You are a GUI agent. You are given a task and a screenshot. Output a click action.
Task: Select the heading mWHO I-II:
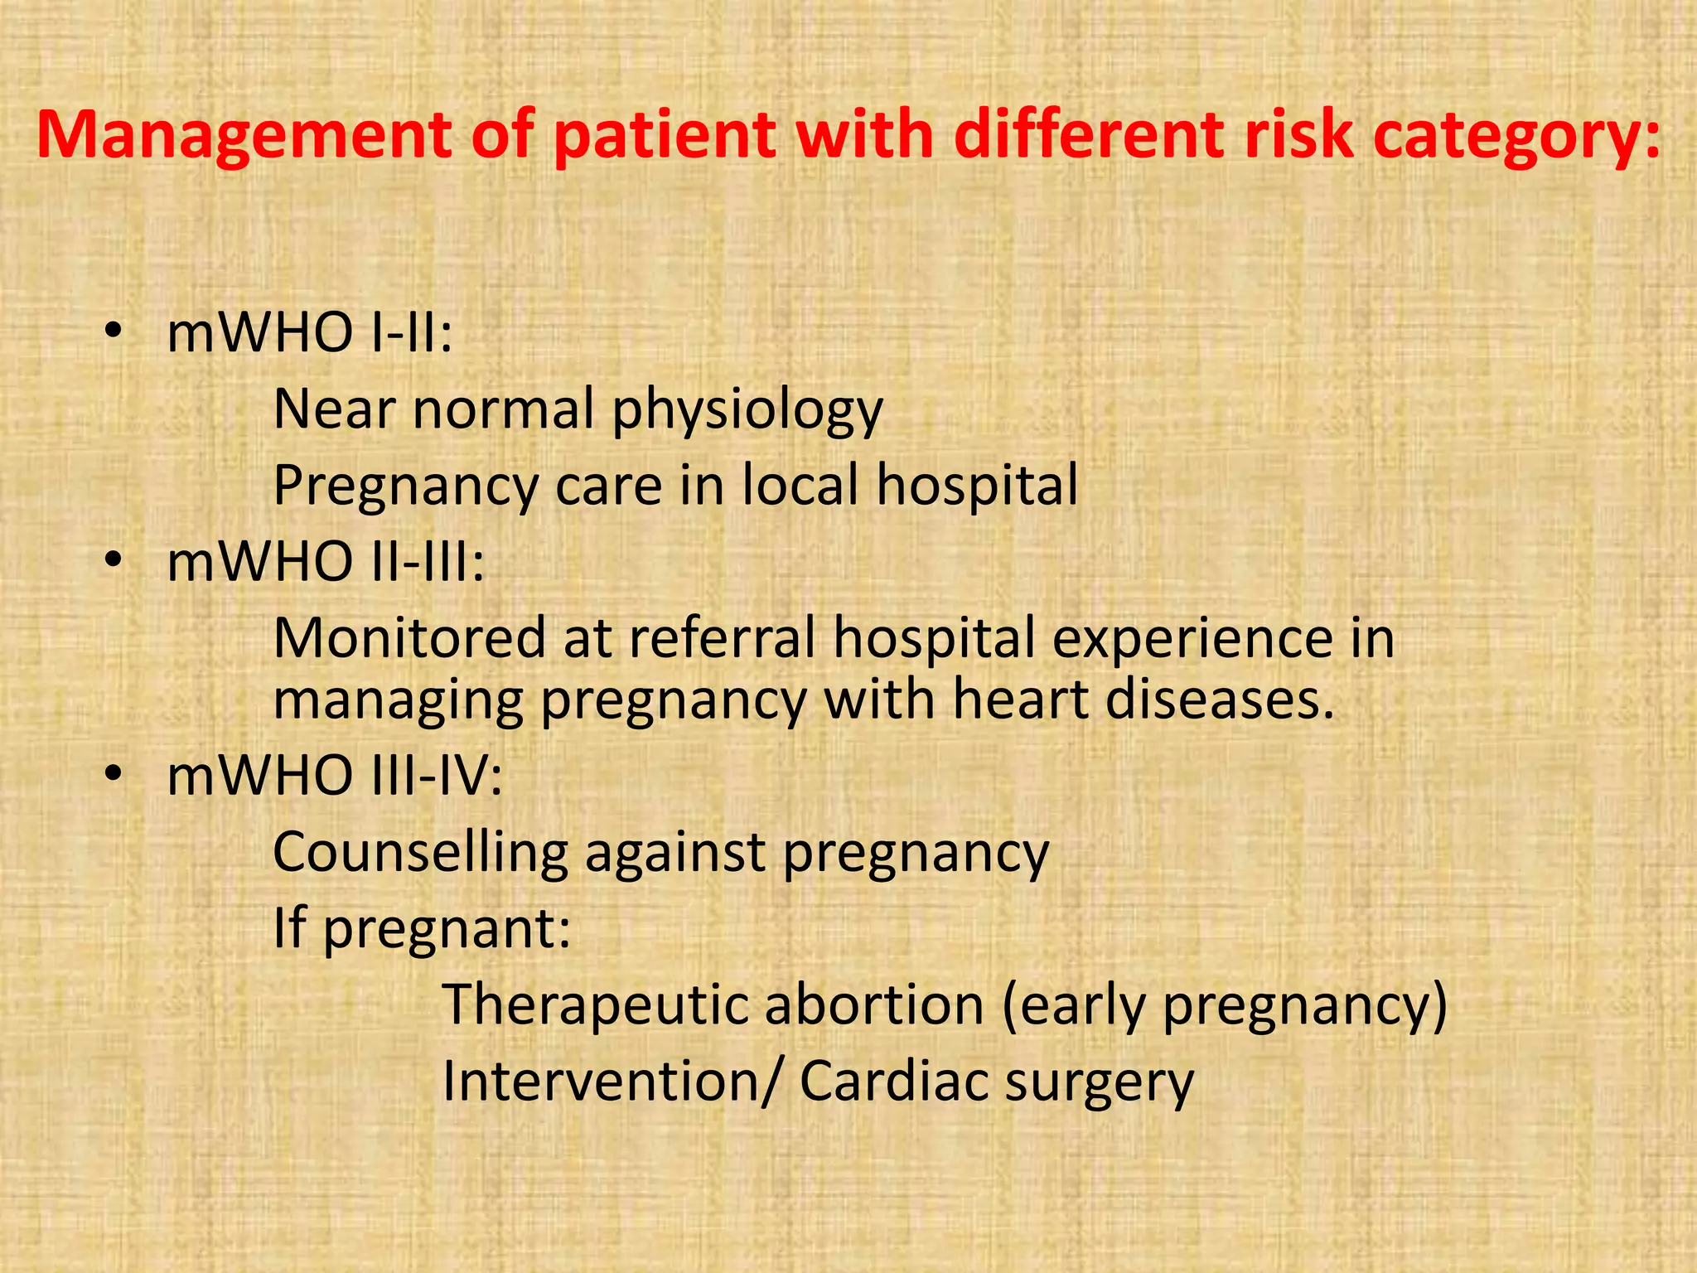pyautogui.click(x=309, y=333)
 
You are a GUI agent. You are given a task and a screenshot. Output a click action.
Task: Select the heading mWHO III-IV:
pyautogui.click(x=334, y=777)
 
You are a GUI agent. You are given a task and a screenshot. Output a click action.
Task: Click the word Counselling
pyautogui.click(x=420, y=852)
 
